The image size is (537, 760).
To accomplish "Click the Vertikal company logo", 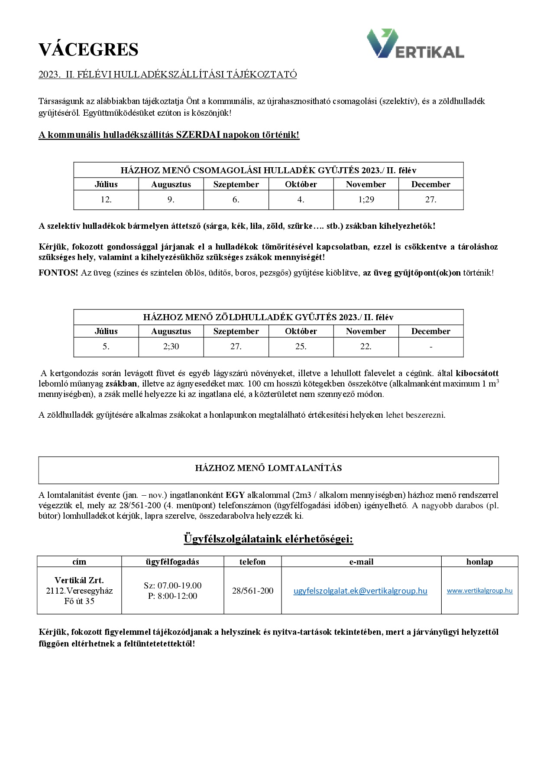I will pyautogui.click(x=415, y=44).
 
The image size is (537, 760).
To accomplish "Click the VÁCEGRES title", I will pyautogui.click(x=88, y=50).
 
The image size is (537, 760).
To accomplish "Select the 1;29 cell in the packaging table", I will pyautogui.click(x=366, y=200).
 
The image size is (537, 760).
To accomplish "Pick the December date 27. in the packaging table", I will pyautogui.click(x=430, y=200).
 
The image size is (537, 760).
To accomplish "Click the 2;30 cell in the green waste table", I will pyautogui.click(x=171, y=347).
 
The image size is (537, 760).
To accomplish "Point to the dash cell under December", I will pyautogui.click(x=430, y=347).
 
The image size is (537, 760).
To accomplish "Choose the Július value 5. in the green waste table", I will pyautogui.click(x=106, y=347).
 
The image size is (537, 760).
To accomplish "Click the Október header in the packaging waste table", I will pyautogui.click(x=301, y=185).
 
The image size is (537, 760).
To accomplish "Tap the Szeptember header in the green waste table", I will pyautogui.click(x=236, y=331).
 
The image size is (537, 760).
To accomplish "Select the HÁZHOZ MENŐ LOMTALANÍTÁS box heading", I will pyautogui.click(x=268, y=468).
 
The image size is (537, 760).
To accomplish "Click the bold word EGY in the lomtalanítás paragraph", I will pyautogui.click(x=235, y=495).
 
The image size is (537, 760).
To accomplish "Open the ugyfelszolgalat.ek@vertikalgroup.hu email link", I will pyautogui.click(x=360, y=591).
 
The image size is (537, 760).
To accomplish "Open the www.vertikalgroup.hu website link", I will pyautogui.click(x=479, y=591).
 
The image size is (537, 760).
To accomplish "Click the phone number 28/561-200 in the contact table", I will pyautogui.click(x=252, y=591).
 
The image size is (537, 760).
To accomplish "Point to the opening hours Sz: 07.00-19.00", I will pyautogui.click(x=172, y=586).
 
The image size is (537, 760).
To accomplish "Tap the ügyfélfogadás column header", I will pyautogui.click(x=172, y=562).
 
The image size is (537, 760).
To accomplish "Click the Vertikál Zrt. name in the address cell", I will pyautogui.click(x=79, y=581).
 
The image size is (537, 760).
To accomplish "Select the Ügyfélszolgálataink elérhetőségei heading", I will pyautogui.click(x=268, y=539).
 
